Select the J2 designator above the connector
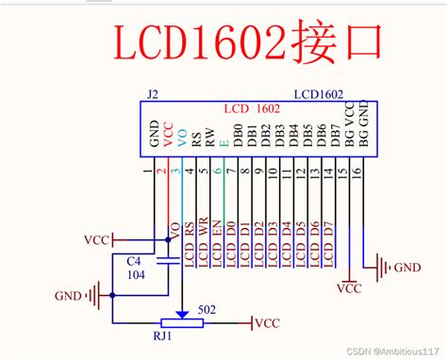pyautogui.click(x=153, y=95)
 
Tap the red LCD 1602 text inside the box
pyautogui.click(x=257, y=109)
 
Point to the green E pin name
pyautogui.click(x=223, y=145)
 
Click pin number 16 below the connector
pyautogui.click(x=356, y=171)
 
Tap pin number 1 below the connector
pyautogui.click(x=148, y=171)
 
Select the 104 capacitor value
pyautogui.click(x=136, y=274)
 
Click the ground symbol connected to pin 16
pyautogui.click(x=381, y=268)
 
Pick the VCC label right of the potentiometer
pyautogui.click(x=270, y=324)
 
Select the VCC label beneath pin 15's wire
pyautogui.click(x=348, y=288)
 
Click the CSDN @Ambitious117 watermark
pyautogui.click(x=387, y=350)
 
